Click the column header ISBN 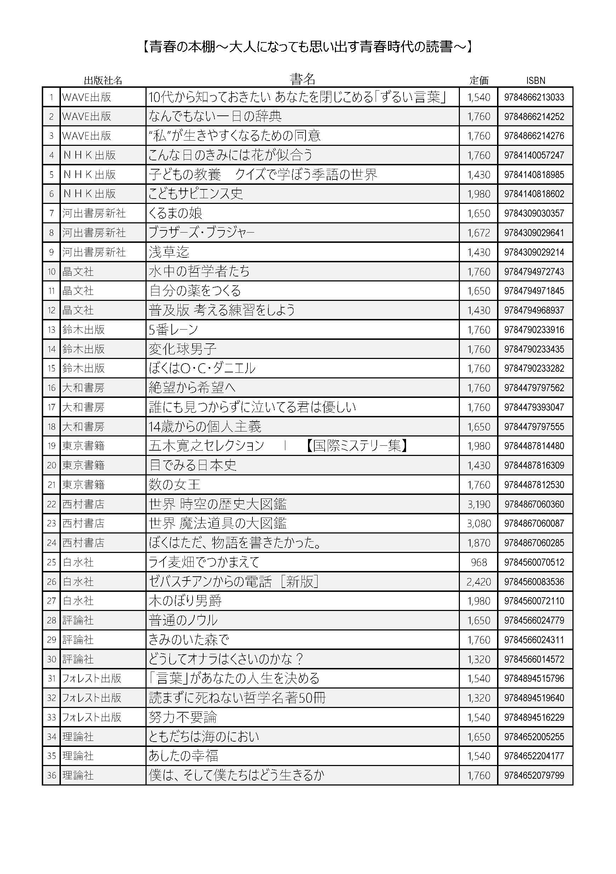[x=536, y=80]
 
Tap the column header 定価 [x=479, y=80]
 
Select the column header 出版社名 [x=103, y=80]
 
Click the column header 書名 [x=302, y=79]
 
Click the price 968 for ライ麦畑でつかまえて [x=479, y=562]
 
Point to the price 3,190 [x=479, y=504]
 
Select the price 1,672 [x=479, y=233]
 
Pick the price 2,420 [x=479, y=582]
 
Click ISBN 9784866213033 [x=534, y=97]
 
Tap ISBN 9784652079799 [x=534, y=775]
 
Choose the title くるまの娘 [x=175, y=213]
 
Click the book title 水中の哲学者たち [x=199, y=272]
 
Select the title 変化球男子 [x=182, y=349]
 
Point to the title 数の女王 [x=175, y=485]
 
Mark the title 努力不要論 [x=182, y=717]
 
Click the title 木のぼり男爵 [x=185, y=601]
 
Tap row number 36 [x=51, y=775]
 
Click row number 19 [x=51, y=446]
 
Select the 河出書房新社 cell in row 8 [x=94, y=233]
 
